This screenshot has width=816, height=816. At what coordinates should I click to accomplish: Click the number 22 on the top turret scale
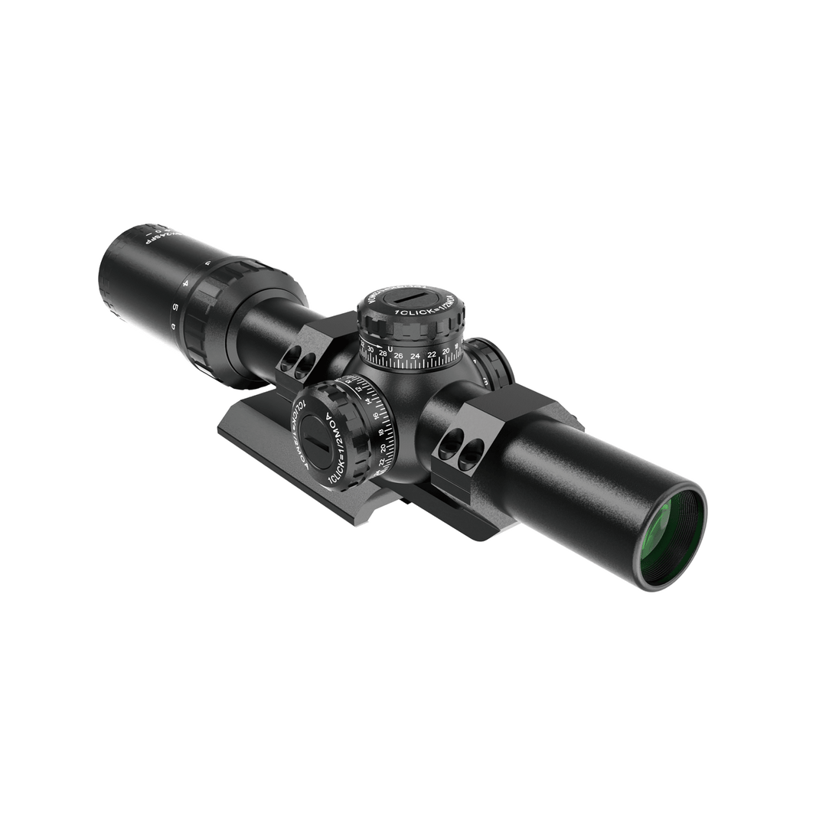[x=431, y=354]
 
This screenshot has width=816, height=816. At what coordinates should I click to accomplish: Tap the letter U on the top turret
[x=390, y=349]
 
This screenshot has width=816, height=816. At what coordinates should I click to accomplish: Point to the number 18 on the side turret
[x=381, y=432]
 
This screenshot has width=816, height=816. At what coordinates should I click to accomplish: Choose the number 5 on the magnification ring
[x=175, y=307]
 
